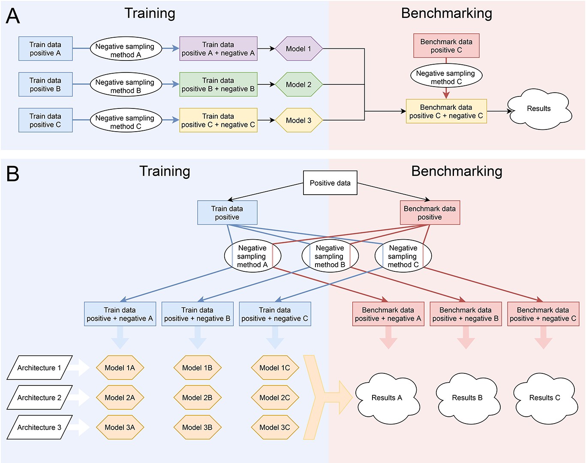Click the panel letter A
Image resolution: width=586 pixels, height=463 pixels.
point(13,16)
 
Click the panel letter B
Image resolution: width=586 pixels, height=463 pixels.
point(13,174)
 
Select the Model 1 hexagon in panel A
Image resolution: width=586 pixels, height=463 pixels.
point(298,49)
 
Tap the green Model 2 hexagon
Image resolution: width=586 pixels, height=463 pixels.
point(298,84)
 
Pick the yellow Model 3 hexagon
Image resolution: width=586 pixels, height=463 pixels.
point(298,120)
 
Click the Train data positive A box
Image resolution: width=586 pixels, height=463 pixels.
point(45,49)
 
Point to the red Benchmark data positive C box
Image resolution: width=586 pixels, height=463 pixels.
point(446,46)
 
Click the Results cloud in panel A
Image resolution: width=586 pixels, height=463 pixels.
point(539,109)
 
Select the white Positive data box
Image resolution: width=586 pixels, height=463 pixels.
point(330,183)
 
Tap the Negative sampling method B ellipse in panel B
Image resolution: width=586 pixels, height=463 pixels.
point(330,256)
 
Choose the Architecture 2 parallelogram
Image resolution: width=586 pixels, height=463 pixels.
point(39,398)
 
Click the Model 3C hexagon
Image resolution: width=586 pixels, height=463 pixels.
point(275,427)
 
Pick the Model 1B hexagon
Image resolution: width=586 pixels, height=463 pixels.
point(197,368)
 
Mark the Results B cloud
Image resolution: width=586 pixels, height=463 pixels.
point(467,398)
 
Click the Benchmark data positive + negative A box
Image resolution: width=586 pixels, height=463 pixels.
point(388,314)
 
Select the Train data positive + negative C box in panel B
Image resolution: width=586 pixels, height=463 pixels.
point(275,314)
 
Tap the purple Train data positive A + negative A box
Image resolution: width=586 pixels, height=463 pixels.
point(218,49)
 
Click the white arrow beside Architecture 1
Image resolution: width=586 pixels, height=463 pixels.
point(80,368)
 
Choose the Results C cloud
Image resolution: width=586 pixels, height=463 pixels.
point(544,398)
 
